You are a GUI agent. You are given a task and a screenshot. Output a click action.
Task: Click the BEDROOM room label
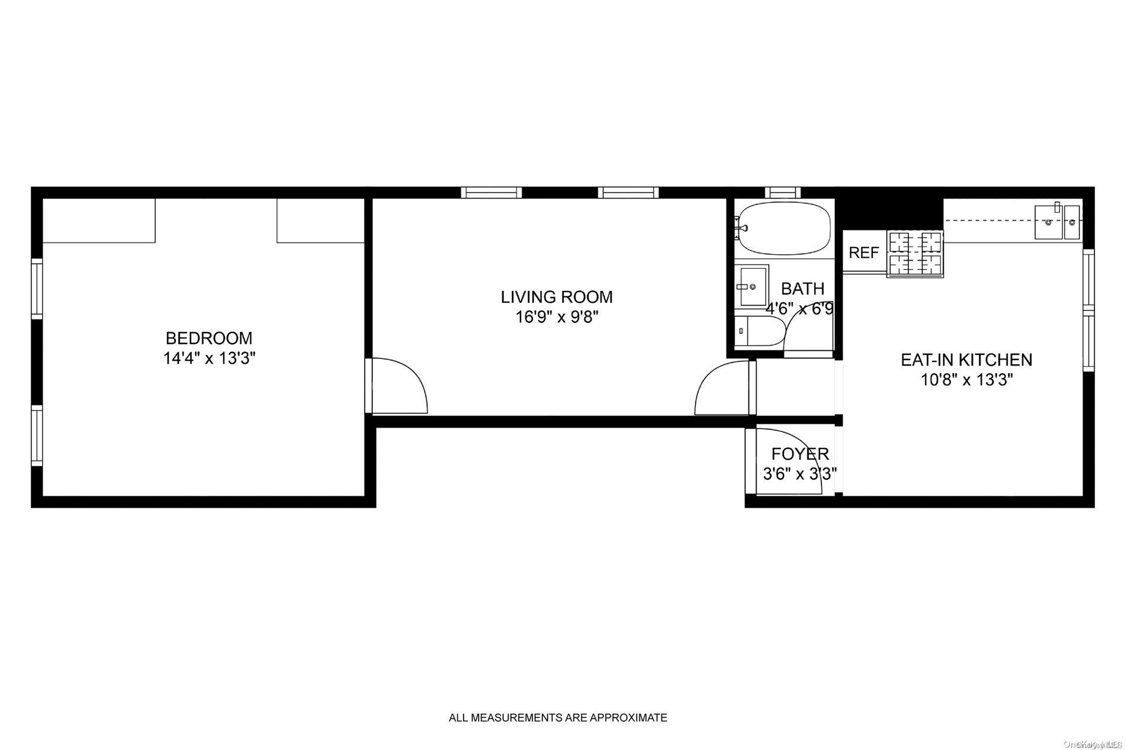(208, 338)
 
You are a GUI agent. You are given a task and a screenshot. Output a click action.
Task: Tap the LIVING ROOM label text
(557, 297)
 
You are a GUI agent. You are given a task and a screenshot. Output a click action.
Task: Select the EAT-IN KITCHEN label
(966, 360)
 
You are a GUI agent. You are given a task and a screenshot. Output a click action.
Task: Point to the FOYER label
(800, 454)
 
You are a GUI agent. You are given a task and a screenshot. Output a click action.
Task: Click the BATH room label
(802, 289)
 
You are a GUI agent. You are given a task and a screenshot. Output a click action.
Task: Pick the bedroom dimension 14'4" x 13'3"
(209, 358)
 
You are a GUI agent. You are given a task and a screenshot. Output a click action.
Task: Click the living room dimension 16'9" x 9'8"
(557, 317)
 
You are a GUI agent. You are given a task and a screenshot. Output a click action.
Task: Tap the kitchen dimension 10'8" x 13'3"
(967, 380)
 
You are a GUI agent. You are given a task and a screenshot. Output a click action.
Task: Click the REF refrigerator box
(864, 253)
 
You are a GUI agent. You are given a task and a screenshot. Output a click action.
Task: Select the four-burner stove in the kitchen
(914, 254)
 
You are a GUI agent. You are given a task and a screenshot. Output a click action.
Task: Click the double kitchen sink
(1057, 222)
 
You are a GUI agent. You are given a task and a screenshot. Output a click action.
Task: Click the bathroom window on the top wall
(782, 192)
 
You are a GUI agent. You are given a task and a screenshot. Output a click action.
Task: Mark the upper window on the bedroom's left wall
(37, 289)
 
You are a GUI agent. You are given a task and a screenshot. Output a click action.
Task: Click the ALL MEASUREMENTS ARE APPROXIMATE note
(558, 718)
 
